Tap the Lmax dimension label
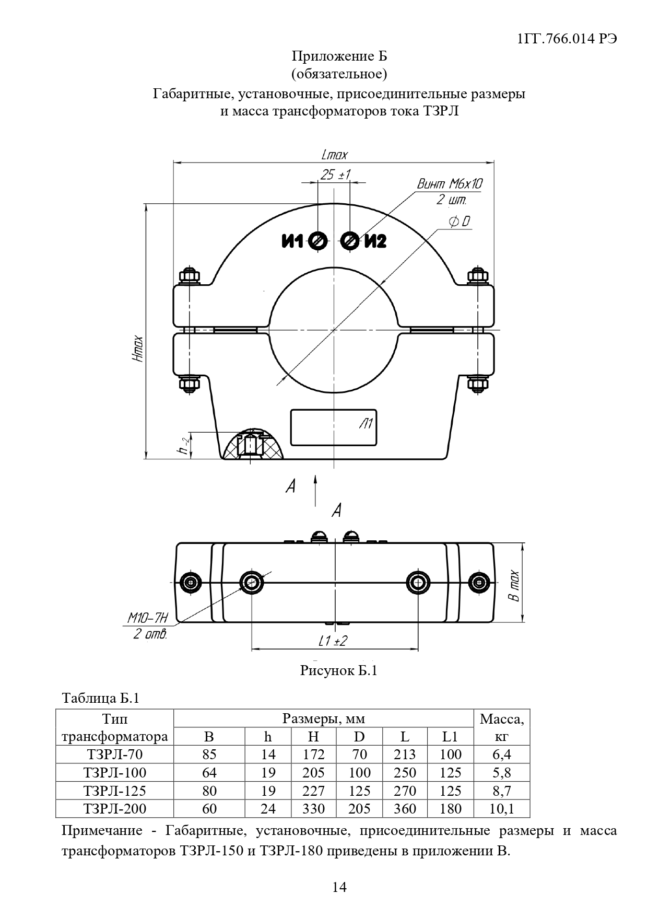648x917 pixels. pyautogui.click(x=334, y=155)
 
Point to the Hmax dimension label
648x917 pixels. pyautogui.click(x=137, y=349)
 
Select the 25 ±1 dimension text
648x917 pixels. pyautogui.click(x=335, y=175)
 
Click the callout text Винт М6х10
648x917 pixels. pyautogui.click(x=450, y=184)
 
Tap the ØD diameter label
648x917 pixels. pyautogui.click(x=459, y=222)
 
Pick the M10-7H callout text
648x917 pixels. pyautogui.click(x=148, y=619)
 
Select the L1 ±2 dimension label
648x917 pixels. pyautogui.click(x=332, y=641)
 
